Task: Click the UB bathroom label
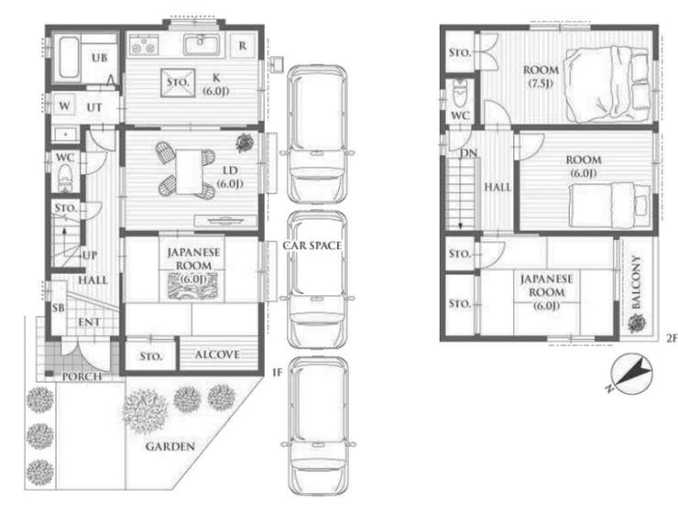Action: pos(100,58)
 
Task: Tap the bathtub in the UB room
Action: pos(69,59)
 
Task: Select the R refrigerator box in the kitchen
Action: pos(242,46)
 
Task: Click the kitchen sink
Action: pos(202,45)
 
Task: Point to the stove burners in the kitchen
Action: pos(144,45)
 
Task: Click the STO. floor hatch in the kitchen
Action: pos(178,82)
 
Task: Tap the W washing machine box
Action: pos(64,105)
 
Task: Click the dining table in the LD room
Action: pos(189,171)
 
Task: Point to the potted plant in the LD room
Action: pos(245,143)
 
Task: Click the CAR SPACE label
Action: pos(312,246)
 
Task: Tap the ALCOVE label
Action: pos(217,355)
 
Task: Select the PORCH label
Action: pos(82,377)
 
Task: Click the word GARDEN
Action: pos(169,446)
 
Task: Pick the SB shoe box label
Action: pos(59,308)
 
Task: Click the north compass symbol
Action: pos(631,375)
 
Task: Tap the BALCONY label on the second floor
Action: pos(636,282)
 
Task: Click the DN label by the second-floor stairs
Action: pos(468,153)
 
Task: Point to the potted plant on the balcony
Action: pos(636,323)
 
